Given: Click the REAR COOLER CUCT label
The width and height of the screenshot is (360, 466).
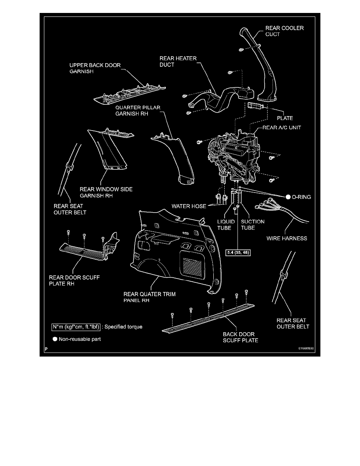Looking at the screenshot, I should coord(279,31).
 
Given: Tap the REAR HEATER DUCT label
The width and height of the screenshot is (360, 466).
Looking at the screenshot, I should coord(178,62).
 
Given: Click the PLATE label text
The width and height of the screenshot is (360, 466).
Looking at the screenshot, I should coord(285,118).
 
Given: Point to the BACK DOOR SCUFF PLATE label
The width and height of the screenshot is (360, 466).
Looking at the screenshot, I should coord(240,337).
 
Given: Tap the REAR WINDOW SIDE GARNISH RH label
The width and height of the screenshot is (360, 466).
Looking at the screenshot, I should coord(106,193).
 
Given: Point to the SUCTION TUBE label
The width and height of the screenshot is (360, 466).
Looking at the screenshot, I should coord(253,225).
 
